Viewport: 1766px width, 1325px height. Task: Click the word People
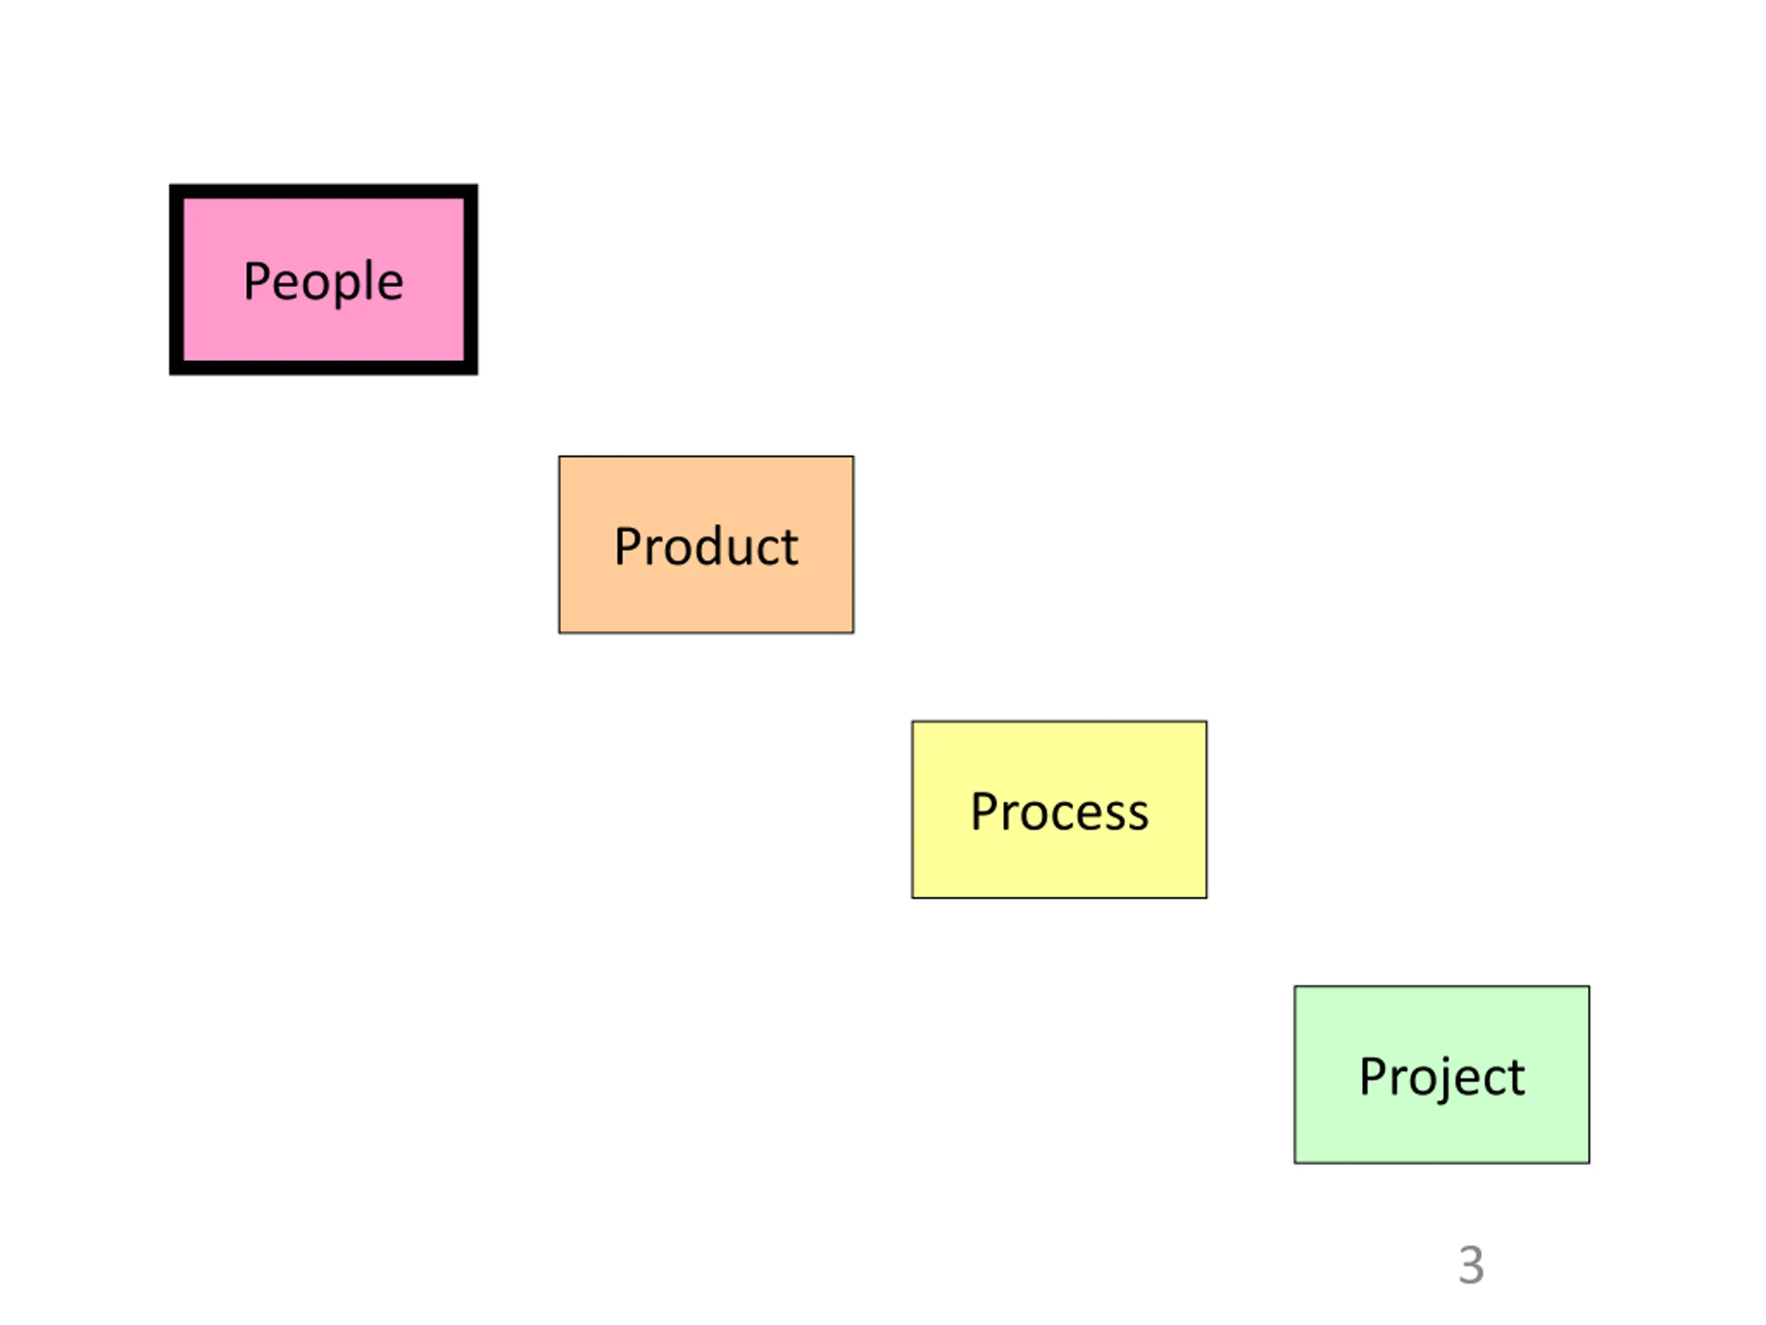coord(324,281)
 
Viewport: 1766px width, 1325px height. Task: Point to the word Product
coord(706,547)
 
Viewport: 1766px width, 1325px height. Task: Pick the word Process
coord(1059,812)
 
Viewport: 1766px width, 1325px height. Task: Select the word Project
coord(1442,1077)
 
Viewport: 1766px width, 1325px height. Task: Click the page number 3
coord(1471,1265)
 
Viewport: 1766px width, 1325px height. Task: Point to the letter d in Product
coord(708,547)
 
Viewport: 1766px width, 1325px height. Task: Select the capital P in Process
coord(983,812)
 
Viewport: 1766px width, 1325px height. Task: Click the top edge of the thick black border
coord(324,192)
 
